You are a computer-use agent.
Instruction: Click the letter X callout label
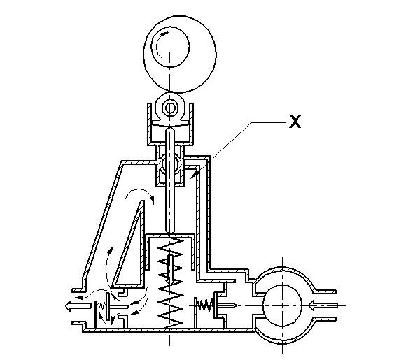295,122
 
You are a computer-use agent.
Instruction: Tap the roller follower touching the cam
170,108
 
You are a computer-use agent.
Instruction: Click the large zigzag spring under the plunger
170,282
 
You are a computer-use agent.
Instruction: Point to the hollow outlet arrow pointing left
78,306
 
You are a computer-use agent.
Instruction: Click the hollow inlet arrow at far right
323,305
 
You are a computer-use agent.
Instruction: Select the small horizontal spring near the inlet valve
205,305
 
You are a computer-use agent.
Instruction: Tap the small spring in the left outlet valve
101,306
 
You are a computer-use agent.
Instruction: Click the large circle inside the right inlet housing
282,305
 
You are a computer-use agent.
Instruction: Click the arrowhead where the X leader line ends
194,175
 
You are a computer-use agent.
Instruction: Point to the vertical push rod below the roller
170,181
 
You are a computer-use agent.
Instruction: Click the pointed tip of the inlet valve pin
236,305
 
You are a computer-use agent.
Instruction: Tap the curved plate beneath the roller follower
170,124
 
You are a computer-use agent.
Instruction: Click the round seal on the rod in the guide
170,164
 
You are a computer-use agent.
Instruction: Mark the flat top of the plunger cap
170,236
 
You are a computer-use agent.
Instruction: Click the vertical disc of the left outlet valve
108,306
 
